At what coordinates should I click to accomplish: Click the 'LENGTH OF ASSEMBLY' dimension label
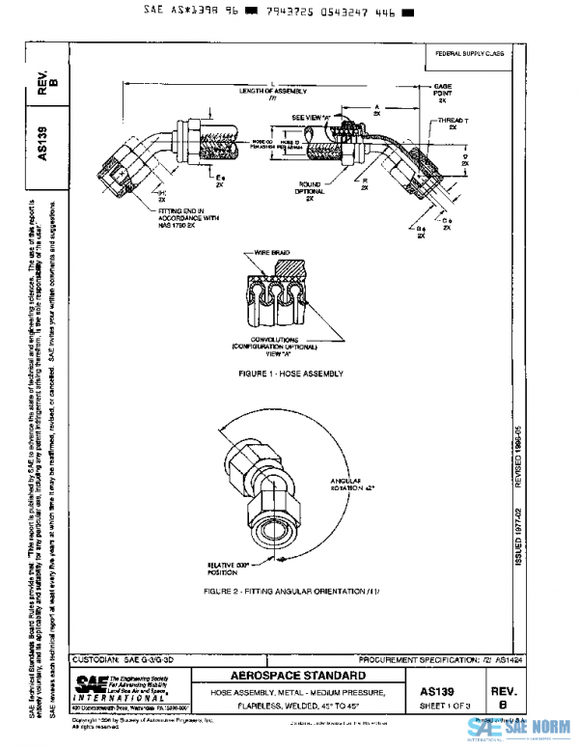273,90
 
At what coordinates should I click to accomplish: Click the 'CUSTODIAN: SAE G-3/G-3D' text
127,658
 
